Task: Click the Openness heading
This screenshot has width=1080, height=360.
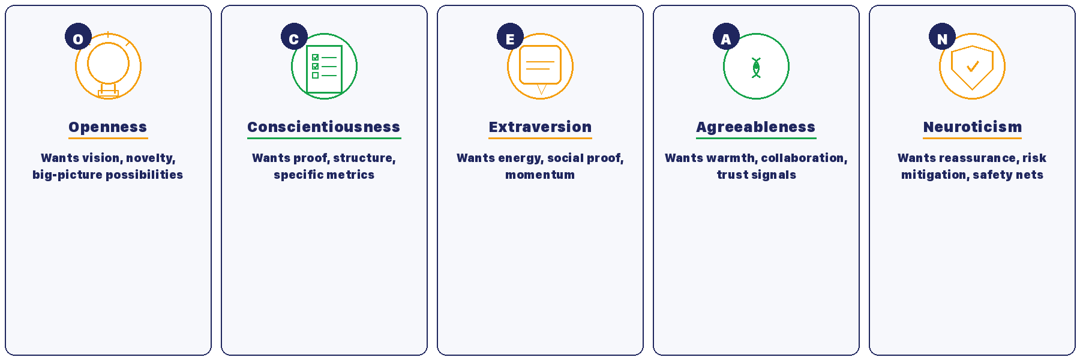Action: (x=108, y=127)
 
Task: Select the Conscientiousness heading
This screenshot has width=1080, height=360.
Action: (x=324, y=127)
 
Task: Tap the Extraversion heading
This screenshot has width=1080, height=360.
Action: (x=540, y=127)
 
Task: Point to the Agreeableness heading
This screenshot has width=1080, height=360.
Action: (x=756, y=127)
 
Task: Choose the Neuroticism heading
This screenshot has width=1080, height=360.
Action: (x=972, y=127)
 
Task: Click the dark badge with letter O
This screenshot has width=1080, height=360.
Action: (x=78, y=37)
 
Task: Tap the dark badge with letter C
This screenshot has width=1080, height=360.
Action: (x=294, y=37)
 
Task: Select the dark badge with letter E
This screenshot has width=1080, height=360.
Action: (x=510, y=37)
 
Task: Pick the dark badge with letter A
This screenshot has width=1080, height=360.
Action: (x=726, y=37)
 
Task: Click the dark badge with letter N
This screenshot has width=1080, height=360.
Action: (x=942, y=37)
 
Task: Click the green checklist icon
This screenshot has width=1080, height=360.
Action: (x=324, y=69)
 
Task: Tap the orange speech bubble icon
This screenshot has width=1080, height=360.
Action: (x=540, y=66)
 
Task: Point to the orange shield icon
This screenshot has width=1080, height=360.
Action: (x=972, y=67)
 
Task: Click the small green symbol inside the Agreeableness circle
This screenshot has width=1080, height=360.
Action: (x=756, y=68)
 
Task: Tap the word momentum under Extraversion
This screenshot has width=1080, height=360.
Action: (x=540, y=175)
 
